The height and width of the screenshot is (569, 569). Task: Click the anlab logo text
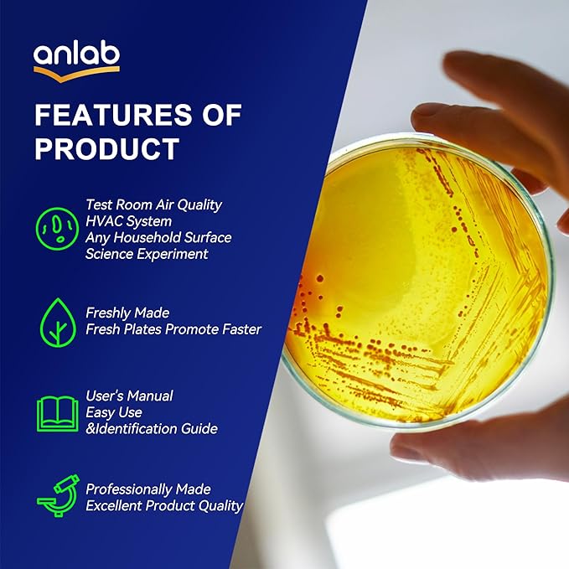coord(76,54)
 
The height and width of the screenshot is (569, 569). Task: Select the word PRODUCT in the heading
coord(106,148)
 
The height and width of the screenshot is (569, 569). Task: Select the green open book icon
coord(57,413)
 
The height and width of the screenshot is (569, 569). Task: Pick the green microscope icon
coord(56,496)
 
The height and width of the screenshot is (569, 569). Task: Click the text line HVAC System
coord(128,221)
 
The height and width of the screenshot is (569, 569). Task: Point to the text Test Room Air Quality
coord(153,204)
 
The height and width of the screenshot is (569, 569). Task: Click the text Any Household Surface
coord(158,238)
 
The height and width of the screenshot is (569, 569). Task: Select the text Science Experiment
coord(147,254)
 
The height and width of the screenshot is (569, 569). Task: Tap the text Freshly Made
coord(127,313)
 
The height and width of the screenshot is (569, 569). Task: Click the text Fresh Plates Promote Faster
coord(173,329)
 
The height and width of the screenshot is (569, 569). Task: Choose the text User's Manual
coord(129,396)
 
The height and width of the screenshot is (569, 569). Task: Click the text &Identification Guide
coord(152,428)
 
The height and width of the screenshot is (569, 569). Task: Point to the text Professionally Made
coord(148,489)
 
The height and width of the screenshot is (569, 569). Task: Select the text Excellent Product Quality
coord(164,505)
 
